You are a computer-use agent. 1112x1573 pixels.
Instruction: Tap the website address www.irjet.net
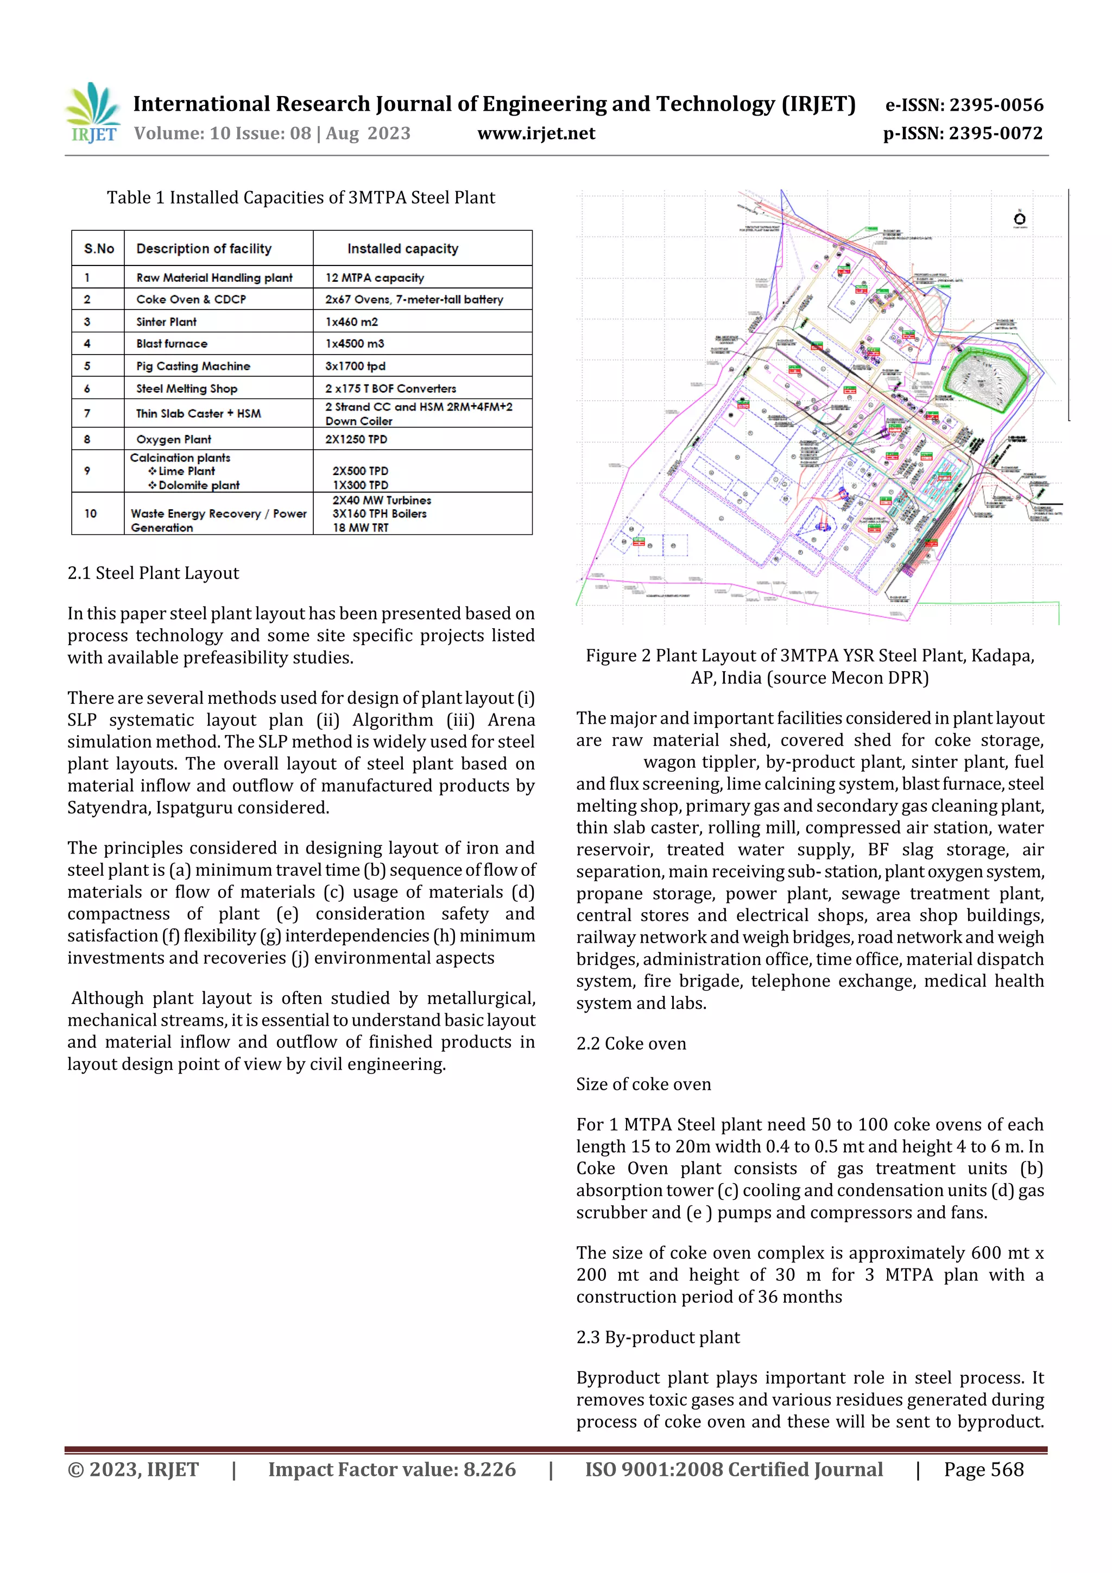click(536, 134)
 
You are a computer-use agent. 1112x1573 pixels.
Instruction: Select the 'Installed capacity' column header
click(402, 249)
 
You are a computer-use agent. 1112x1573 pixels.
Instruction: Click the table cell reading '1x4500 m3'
click(355, 344)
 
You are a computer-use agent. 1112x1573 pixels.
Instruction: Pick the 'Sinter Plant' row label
click(167, 322)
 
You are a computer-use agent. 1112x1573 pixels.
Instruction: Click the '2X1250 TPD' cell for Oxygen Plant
click(356, 439)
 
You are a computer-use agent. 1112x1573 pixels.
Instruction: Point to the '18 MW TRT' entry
click(361, 528)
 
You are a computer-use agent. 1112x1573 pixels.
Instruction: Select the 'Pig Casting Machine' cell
click(193, 366)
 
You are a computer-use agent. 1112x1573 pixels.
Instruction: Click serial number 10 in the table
click(91, 513)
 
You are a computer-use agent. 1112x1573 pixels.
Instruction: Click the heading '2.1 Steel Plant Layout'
click(153, 573)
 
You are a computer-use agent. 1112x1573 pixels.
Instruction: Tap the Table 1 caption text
click(300, 198)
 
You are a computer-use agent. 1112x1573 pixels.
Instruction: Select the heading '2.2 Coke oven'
click(630, 1044)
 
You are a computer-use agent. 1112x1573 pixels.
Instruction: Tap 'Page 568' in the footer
click(983, 1469)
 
